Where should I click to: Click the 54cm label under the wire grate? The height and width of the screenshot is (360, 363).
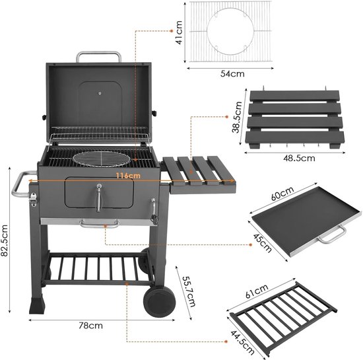230,74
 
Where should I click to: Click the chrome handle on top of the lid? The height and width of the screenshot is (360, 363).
98,55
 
